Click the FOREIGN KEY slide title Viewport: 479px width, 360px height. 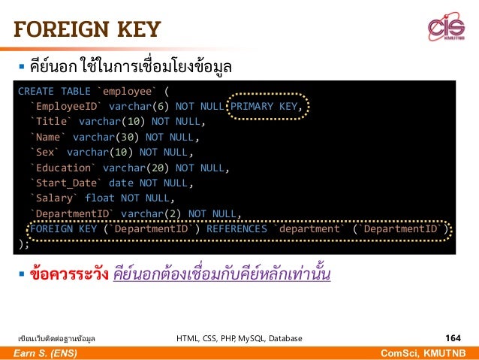86,30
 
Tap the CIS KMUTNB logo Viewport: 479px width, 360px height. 446,28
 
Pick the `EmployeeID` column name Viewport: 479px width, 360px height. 66,106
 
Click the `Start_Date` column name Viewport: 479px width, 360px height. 66,183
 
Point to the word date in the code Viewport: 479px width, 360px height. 121,183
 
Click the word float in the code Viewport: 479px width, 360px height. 100,198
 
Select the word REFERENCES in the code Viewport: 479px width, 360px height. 237,228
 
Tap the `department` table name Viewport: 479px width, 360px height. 310,228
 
